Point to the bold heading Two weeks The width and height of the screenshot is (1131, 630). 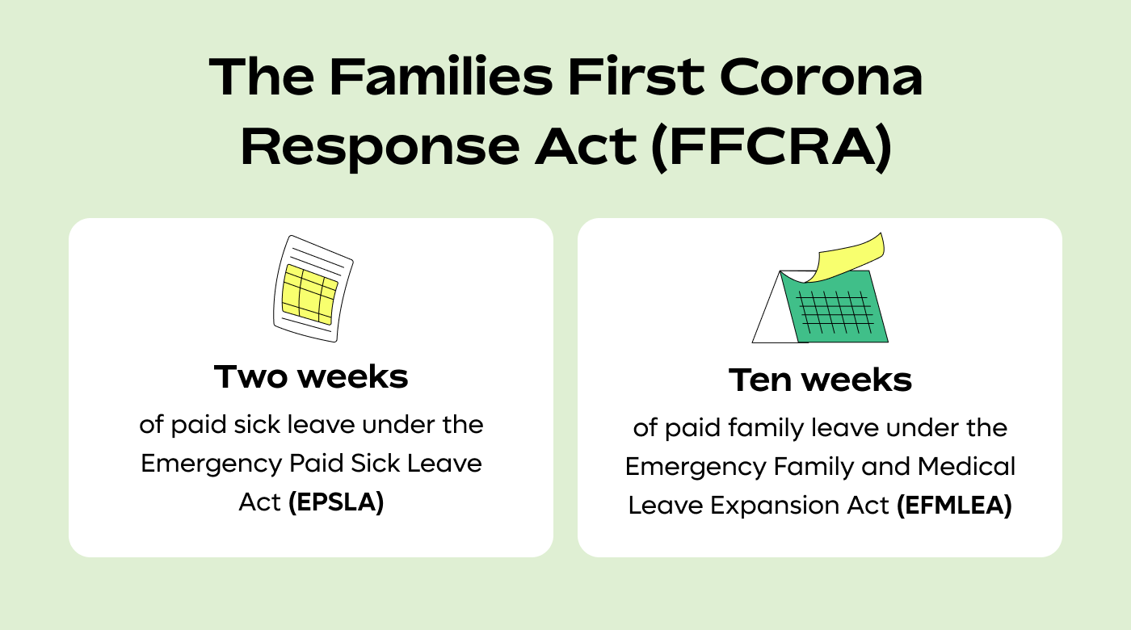[x=311, y=376]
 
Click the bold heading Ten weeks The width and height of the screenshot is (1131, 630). [x=820, y=380]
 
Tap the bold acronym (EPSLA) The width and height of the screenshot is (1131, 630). [x=336, y=502]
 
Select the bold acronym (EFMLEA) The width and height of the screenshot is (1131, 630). [x=954, y=506]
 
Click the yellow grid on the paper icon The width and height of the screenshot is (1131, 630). [x=309, y=292]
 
